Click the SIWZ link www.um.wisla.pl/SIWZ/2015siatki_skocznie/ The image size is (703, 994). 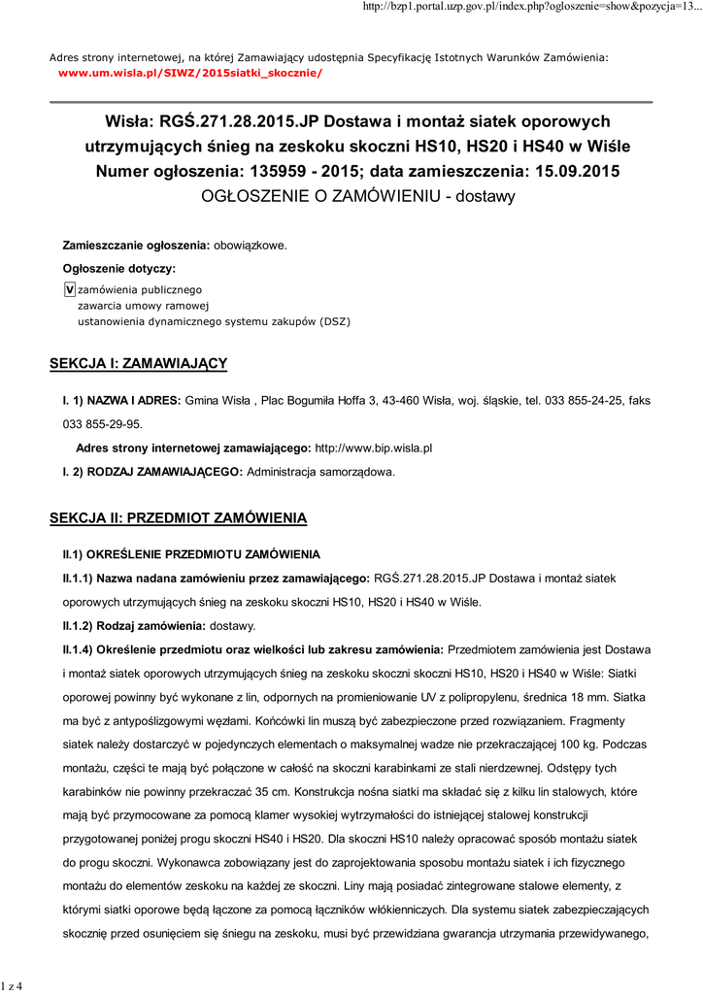(190, 74)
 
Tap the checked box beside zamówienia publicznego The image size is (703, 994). (69, 289)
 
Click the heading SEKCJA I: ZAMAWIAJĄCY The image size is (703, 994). (138, 363)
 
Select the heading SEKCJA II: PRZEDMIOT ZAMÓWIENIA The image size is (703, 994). (178, 517)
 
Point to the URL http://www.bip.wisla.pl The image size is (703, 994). (374, 448)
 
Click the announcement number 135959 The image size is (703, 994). (294, 171)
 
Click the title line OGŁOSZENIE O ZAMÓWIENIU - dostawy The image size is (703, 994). (357, 196)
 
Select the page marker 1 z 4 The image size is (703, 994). (13, 986)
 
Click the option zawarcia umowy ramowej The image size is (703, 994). (136, 305)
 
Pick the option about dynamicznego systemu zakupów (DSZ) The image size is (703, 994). (214, 320)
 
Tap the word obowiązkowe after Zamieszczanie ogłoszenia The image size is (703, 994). (250, 246)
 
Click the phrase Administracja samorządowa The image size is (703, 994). (321, 472)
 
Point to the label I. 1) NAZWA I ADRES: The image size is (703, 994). (121, 400)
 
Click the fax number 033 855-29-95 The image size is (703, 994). (102, 423)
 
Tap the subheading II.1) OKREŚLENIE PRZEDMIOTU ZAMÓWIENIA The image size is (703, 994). (191, 554)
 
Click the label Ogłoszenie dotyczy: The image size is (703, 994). (118, 268)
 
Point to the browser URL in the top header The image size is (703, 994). (524, 8)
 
